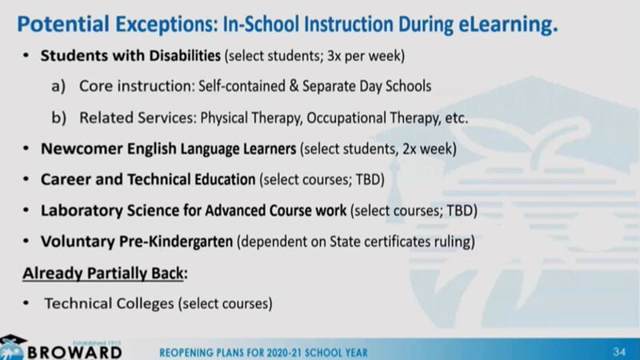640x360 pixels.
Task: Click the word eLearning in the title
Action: [x=507, y=25]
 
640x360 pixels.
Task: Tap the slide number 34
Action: [x=618, y=352]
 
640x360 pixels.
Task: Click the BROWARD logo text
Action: [x=74, y=353]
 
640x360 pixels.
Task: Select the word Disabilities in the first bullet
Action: [x=185, y=55]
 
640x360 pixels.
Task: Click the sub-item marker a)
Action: [x=58, y=86]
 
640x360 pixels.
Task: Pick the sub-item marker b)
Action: [x=58, y=118]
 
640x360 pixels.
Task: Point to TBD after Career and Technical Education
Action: [x=368, y=179]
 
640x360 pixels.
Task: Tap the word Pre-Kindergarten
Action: [x=176, y=242]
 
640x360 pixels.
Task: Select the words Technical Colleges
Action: [x=110, y=304]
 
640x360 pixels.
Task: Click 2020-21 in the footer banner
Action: [x=282, y=353]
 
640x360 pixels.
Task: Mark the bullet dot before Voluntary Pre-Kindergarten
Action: [x=26, y=242]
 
